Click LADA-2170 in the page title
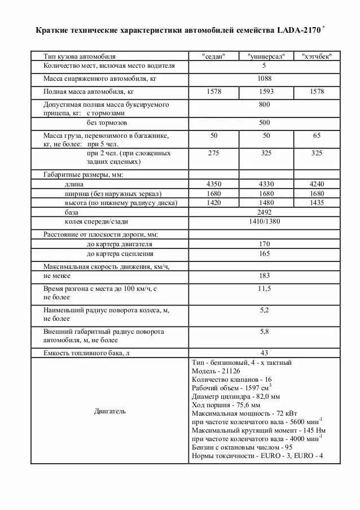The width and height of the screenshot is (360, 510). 298,30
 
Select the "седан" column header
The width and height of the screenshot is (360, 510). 213,56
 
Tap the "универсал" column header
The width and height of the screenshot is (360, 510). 266,56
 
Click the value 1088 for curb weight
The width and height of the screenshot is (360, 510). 264,79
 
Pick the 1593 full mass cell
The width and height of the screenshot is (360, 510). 266,91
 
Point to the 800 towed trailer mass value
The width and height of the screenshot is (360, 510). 264,104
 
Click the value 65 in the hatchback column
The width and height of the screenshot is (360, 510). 317,136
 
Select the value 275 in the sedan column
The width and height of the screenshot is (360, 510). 213,153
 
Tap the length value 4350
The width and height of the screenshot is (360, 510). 214,184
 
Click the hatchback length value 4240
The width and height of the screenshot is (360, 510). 317,184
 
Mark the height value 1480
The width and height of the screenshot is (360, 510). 266,202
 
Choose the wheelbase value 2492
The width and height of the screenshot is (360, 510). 264,212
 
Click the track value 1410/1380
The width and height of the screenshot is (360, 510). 264,221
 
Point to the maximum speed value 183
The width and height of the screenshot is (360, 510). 264,275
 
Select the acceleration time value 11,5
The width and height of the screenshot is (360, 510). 264,289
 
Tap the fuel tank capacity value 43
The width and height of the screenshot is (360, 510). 264,352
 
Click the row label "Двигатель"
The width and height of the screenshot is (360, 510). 109,411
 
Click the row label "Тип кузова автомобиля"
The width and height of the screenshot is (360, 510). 80,56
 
